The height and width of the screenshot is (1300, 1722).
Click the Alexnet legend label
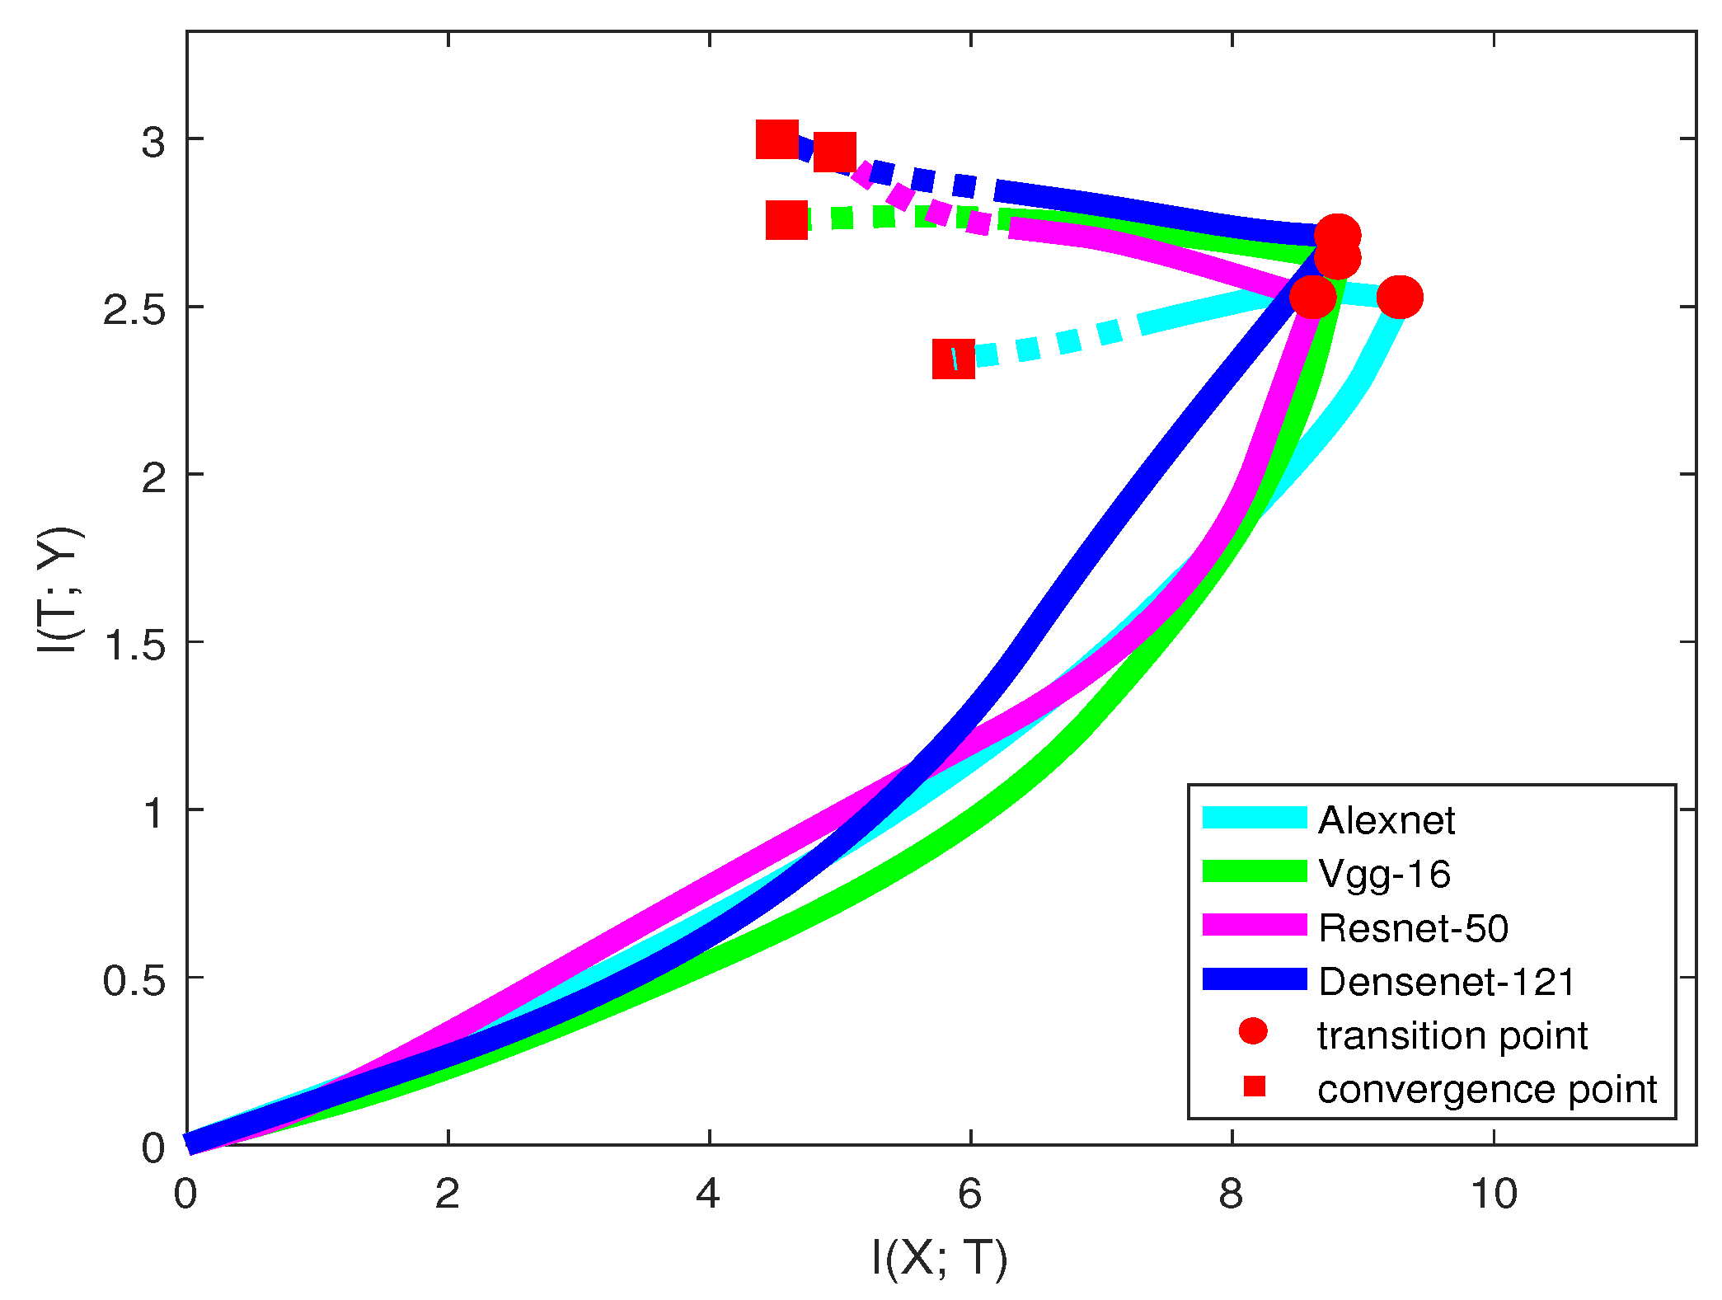pyautogui.click(x=1387, y=820)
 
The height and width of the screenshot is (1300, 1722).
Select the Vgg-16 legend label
pyautogui.click(x=1384, y=874)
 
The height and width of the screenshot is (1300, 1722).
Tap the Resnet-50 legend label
pyautogui.click(x=1413, y=927)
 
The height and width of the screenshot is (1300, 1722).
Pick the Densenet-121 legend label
pyautogui.click(x=1447, y=981)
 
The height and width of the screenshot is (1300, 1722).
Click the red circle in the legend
pyautogui.click(x=1253, y=1031)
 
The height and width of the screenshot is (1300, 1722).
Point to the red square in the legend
pyautogui.click(x=1254, y=1086)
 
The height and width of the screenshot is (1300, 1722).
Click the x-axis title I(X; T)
pyautogui.click(x=940, y=1257)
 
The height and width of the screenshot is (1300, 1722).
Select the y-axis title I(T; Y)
pyautogui.click(x=59, y=590)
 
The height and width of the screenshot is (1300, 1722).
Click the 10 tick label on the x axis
pyautogui.click(x=1494, y=1194)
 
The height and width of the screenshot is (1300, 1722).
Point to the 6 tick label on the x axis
pyautogui.click(x=970, y=1194)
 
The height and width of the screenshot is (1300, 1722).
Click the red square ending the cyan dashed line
pyautogui.click(x=954, y=359)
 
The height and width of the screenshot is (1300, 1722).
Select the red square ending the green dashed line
pyautogui.click(x=786, y=219)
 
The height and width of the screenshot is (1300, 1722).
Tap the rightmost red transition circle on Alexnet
pyautogui.click(x=1400, y=297)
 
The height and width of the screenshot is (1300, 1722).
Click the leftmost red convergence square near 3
pyautogui.click(x=777, y=139)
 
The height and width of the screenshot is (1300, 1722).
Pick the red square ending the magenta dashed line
pyautogui.click(x=834, y=152)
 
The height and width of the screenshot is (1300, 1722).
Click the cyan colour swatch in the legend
pyautogui.click(x=1255, y=817)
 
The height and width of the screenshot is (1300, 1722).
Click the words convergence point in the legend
pyautogui.click(x=1487, y=1089)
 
